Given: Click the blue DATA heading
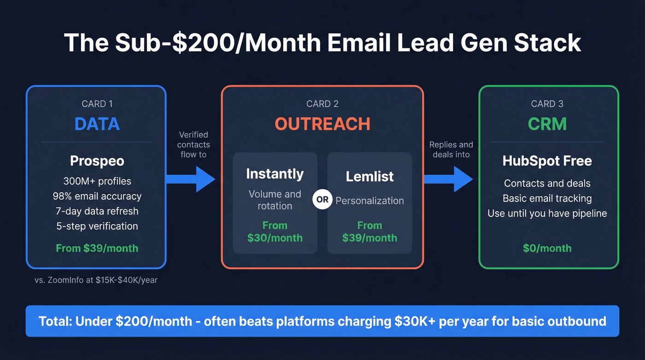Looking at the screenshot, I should pos(97,124).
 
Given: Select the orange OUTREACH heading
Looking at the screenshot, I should pos(322,124).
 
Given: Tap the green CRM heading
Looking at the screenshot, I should pos(547,124).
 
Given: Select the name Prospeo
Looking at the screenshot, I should pos(97,161).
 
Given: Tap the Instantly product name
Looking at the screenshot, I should pos(275,174).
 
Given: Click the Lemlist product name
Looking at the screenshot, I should pos(369,176).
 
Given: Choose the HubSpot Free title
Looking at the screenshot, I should pos(547,161).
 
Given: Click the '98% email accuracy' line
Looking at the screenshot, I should pos(97,196).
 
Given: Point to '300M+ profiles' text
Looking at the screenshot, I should pos(97,181).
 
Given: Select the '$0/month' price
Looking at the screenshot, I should pos(547,248).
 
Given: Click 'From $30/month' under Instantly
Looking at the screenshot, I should pos(275,232).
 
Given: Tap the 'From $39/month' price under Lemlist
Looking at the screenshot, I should pos(369,232).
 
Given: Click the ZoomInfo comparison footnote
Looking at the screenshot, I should pos(96,280).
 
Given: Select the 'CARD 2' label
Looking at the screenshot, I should pos(322,104).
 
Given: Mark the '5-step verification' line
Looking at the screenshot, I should pos(97,226).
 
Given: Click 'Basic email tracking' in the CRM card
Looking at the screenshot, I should pos(547,198).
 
